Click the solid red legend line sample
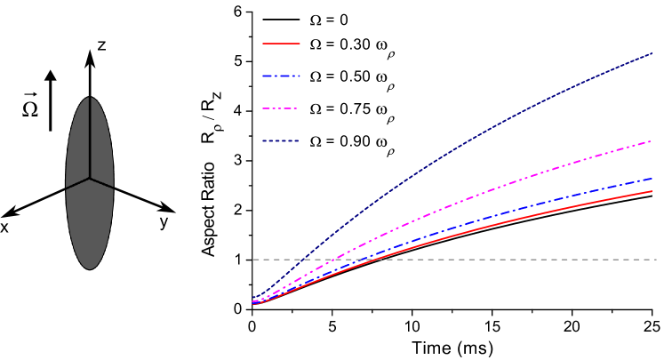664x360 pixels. click(281, 43)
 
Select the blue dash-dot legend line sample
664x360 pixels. click(281, 76)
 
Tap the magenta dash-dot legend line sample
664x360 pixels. click(280, 108)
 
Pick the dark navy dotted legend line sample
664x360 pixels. click(280, 141)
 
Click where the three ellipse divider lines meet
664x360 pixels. click(90, 179)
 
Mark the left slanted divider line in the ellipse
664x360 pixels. click(77, 183)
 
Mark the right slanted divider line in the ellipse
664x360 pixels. click(102, 183)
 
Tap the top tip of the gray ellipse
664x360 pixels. click(90, 96)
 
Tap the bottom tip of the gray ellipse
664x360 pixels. click(90, 269)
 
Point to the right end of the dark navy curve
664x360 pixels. click(652, 53)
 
